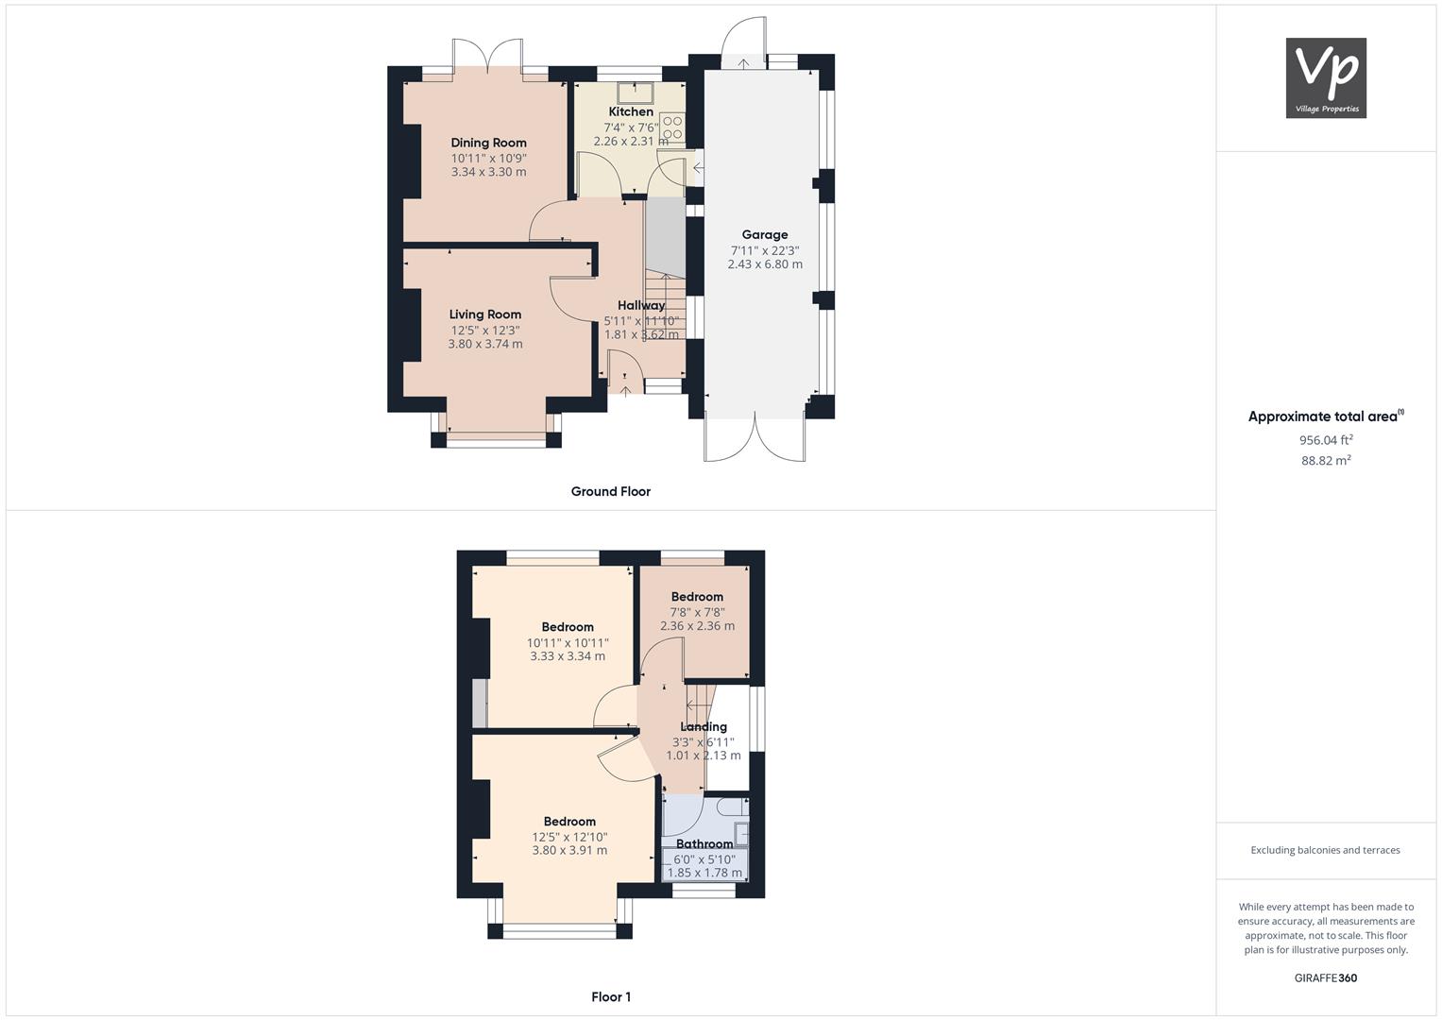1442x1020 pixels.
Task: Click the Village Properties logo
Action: pos(1326,77)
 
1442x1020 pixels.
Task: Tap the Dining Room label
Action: pos(488,144)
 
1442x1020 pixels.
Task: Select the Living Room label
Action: pos(485,314)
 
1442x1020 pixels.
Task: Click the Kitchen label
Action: pos(631,111)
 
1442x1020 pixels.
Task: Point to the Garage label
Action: pos(765,235)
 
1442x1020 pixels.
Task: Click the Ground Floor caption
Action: pos(611,491)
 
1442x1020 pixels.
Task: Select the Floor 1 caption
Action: pos(611,996)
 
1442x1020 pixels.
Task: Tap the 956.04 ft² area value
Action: pos(1326,440)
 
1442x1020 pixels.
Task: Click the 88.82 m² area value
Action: pos(1326,461)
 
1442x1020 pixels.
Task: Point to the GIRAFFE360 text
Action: pos(1326,977)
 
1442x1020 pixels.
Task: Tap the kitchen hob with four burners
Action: pos(672,127)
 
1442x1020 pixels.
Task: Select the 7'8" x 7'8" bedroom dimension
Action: pos(697,612)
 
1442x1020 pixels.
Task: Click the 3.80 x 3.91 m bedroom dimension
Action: pos(569,850)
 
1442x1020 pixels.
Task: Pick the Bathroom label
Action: pos(704,844)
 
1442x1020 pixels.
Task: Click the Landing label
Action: pos(704,727)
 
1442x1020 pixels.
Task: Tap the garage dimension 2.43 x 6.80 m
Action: pos(765,264)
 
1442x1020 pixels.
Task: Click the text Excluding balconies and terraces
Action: pos(1326,850)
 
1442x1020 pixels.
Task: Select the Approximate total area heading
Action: pos(1324,416)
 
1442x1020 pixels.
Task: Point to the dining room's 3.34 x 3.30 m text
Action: pos(488,172)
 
